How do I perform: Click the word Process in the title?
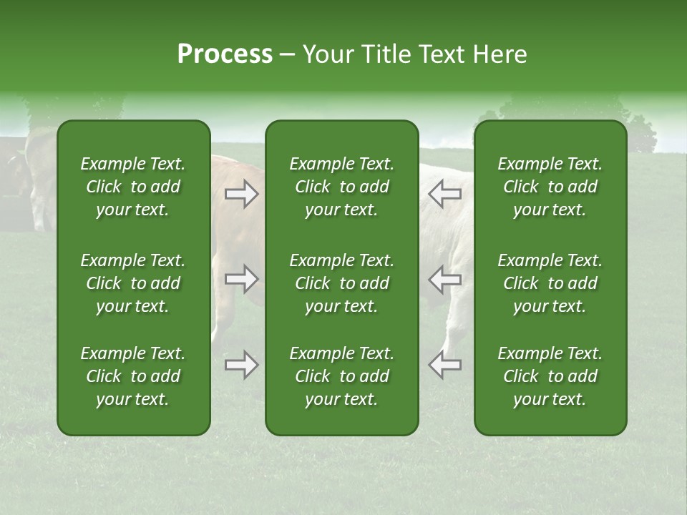click(225, 54)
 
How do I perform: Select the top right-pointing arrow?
click(242, 194)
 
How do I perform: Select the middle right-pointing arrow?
click(242, 278)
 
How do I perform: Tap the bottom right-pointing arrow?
click(242, 365)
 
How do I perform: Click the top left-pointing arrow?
click(445, 193)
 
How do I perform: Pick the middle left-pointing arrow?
click(445, 278)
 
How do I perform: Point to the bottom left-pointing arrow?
click(445, 364)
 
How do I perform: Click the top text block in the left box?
click(133, 187)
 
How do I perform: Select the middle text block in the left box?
click(133, 283)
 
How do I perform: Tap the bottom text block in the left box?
click(133, 376)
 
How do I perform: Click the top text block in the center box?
click(341, 187)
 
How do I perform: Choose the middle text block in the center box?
click(341, 283)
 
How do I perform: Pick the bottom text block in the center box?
click(341, 376)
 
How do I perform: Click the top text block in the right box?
click(550, 187)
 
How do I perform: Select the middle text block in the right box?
click(550, 283)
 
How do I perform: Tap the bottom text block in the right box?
click(550, 376)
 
